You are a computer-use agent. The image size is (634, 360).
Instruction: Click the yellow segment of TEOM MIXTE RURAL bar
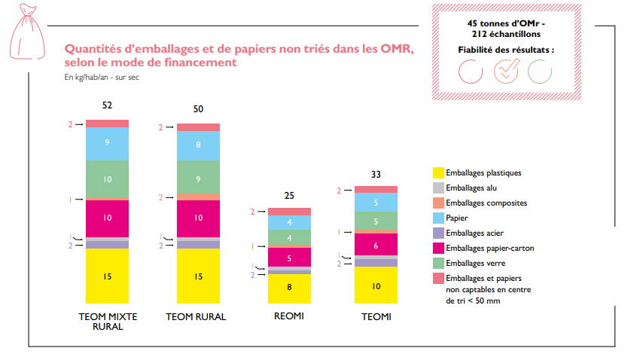(x=107, y=276)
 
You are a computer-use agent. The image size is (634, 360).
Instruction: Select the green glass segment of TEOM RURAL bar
(x=198, y=178)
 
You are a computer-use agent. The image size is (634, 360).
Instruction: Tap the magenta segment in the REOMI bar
(x=289, y=257)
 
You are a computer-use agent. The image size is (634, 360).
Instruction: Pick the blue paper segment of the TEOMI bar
(x=376, y=202)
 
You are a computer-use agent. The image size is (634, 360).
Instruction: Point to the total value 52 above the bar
(x=107, y=105)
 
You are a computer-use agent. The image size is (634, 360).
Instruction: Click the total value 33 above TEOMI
(x=376, y=174)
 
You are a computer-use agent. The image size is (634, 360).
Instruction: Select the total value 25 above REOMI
(x=289, y=196)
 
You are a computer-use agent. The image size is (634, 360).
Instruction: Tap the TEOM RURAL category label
(x=196, y=317)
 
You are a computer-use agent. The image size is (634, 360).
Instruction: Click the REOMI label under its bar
(x=289, y=316)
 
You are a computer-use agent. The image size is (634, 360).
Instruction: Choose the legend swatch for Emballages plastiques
(x=437, y=172)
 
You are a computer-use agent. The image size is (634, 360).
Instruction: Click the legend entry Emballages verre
(x=475, y=263)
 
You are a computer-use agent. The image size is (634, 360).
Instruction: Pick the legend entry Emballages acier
(x=475, y=233)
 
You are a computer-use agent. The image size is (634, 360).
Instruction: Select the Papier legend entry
(x=456, y=218)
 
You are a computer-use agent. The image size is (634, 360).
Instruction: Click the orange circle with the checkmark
(x=505, y=70)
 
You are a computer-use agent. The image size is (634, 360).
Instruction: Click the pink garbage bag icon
(x=25, y=24)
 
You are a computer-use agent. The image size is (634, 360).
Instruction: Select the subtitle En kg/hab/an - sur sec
(x=102, y=77)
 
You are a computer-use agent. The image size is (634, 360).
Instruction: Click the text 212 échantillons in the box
(x=506, y=35)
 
